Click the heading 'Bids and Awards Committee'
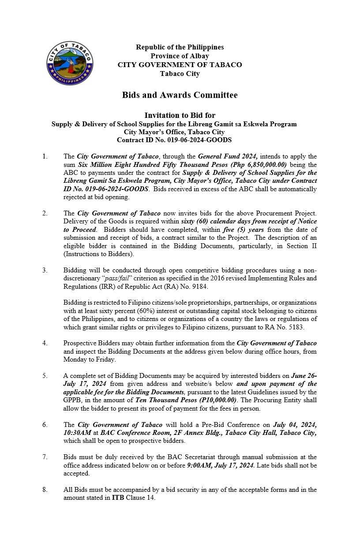[180, 95]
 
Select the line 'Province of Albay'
[180, 56]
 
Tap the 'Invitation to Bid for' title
[180, 116]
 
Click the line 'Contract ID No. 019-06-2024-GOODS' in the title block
[174, 140]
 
